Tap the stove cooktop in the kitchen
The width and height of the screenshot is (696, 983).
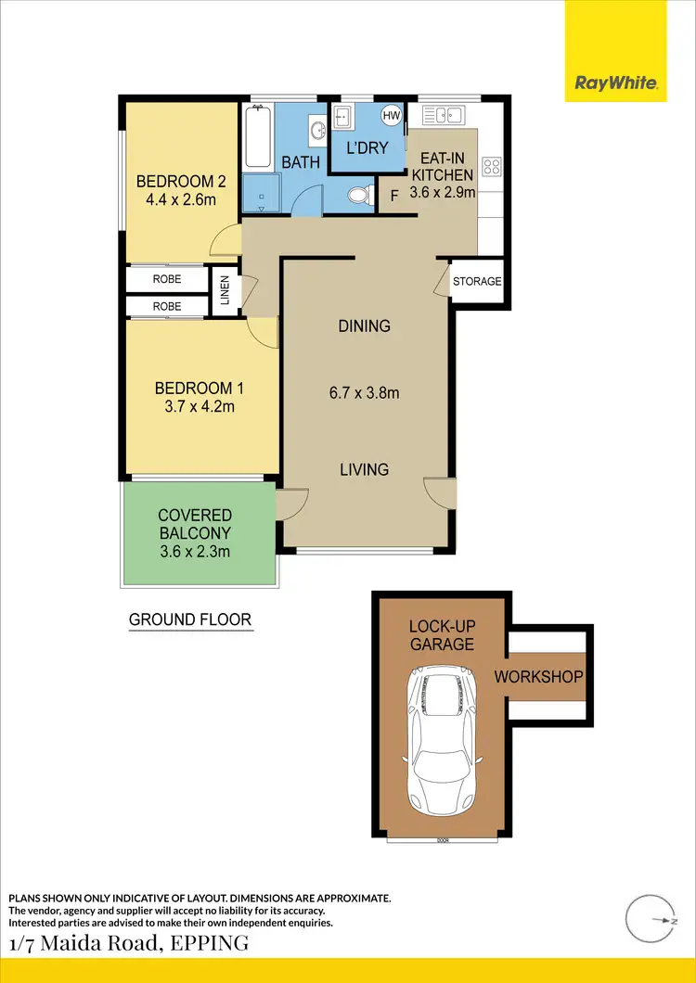click(492, 168)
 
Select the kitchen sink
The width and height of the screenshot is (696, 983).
click(443, 115)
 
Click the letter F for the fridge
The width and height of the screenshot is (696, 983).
click(393, 196)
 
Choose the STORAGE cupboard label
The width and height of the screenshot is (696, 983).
click(477, 282)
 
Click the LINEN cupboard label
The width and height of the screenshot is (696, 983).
click(225, 292)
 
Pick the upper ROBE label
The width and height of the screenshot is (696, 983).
click(167, 279)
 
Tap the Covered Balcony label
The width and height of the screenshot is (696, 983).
click(195, 533)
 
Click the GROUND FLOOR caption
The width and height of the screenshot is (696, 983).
click(190, 619)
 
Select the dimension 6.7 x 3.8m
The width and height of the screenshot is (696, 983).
click(364, 393)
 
